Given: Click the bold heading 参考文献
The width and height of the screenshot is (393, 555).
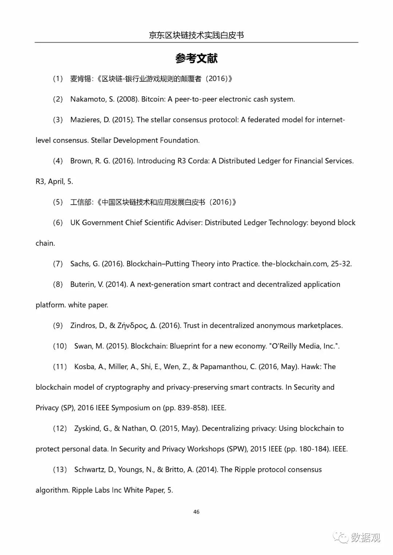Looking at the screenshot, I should point(196,58).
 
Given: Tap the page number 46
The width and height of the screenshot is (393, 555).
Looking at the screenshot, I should point(196,512).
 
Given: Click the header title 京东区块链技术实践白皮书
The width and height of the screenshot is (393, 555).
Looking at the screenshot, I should point(196,35).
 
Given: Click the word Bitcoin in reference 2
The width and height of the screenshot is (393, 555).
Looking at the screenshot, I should point(152,99).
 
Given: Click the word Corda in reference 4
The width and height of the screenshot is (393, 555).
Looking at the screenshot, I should point(198,161).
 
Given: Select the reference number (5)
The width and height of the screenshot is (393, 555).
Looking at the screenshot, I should point(58,202).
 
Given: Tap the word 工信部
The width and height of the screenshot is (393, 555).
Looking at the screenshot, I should point(80,202).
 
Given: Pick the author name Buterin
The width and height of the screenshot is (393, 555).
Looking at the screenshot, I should point(82,284).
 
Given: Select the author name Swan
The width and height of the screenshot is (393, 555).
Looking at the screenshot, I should point(83,346).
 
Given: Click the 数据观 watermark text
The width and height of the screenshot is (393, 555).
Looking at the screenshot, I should point(365,537).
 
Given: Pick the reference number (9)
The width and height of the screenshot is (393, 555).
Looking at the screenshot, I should point(58,326).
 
